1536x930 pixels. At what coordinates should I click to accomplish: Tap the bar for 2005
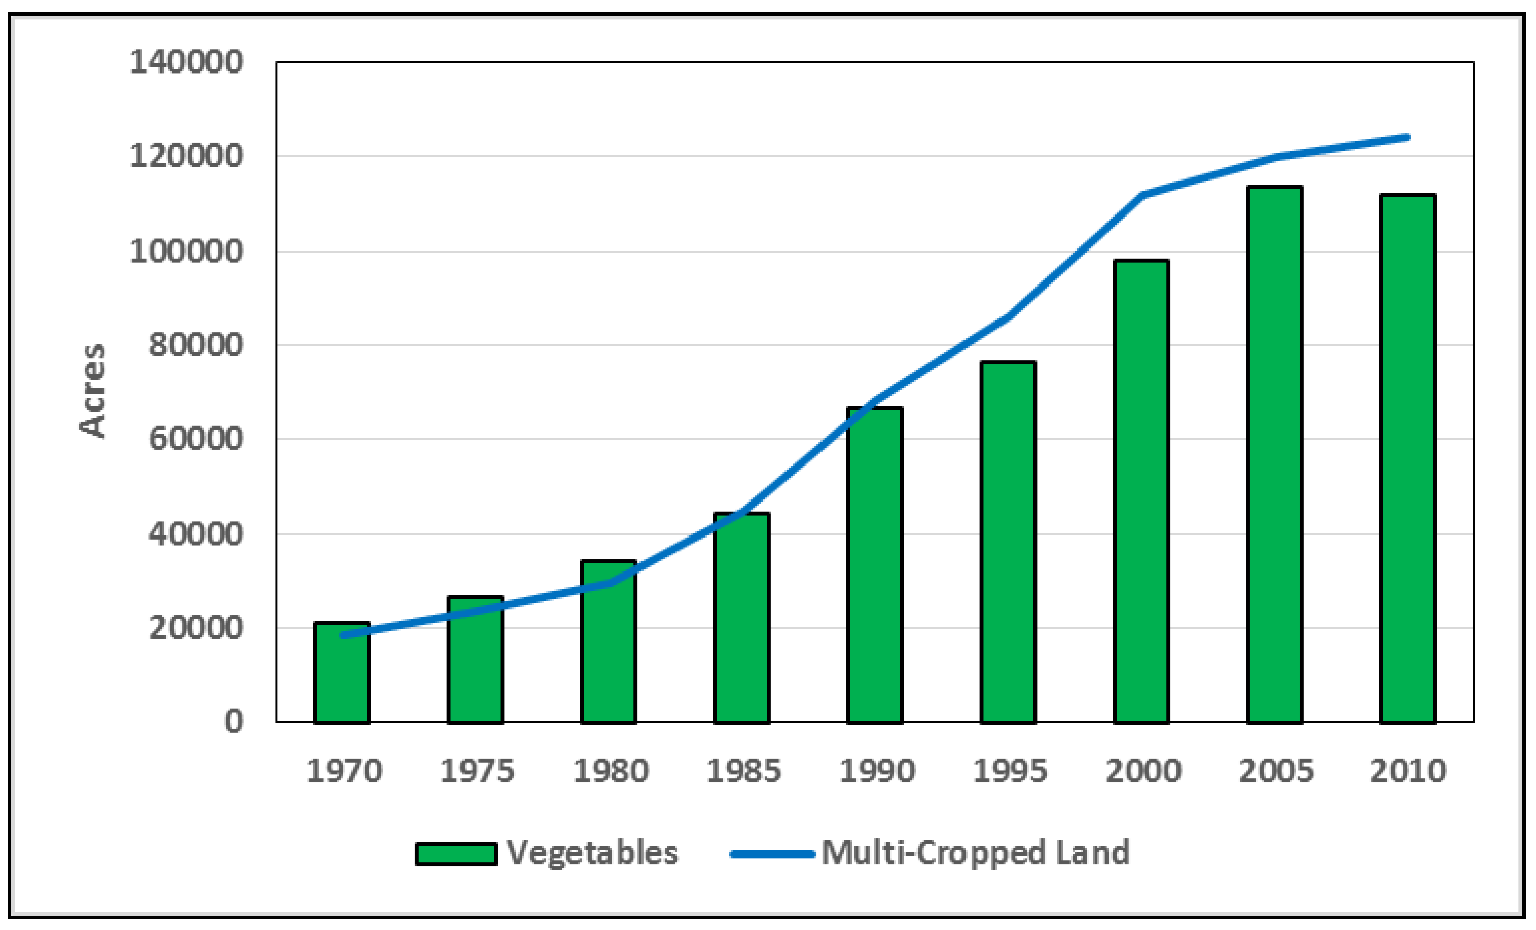pyautogui.click(x=1275, y=455)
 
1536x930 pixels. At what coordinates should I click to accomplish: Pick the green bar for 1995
pyautogui.click(x=1008, y=542)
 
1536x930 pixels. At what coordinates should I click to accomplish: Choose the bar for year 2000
pyautogui.click(x=1141, y=492)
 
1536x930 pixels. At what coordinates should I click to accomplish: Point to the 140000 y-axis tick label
pyautogui.click(x=186, y=62)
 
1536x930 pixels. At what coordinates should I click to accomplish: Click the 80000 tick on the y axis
pyautogui.click(x=195, y=345)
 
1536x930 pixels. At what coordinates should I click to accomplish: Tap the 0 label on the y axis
pyautogui.click(x=233, y=721)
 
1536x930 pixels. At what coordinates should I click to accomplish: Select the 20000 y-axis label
pyautogui.click(x=195, y=627)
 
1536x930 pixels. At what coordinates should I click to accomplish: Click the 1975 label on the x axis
pyautogui.click(x=477, y=771)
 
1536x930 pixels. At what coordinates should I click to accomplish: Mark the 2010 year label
pyautogui.click(x=1408, y=771)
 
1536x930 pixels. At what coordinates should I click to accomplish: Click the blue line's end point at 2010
pyautogui.click(x=1408, y=137)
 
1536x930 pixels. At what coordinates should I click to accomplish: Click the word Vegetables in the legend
pyautogui.click(x=592, y=853)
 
